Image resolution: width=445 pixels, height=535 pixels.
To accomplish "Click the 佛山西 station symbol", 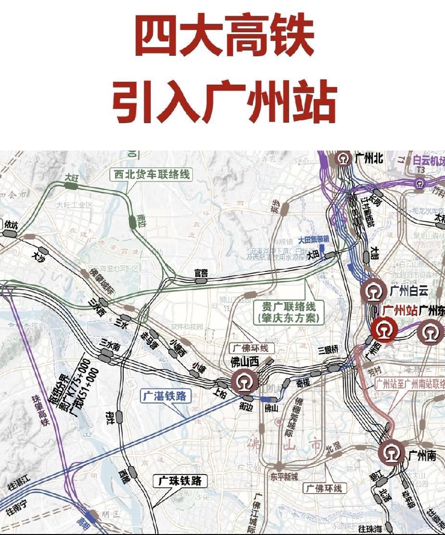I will point(244,381).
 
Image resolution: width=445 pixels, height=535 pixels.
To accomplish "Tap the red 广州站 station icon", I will point(383,331).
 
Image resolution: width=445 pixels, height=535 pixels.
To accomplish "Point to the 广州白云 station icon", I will point(374,291).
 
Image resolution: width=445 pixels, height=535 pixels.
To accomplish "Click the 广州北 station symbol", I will point(343,158).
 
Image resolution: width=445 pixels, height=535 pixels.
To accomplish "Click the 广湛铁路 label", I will point(165,396).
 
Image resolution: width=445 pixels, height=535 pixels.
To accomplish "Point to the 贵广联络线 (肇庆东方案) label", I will point(288,312).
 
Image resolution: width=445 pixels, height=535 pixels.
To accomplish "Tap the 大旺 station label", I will point(72,178).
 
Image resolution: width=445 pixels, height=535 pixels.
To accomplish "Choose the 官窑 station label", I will point(201,273).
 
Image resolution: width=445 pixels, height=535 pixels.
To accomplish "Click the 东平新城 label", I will point(283,476).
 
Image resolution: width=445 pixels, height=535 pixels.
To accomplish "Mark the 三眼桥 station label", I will point(329,350).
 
